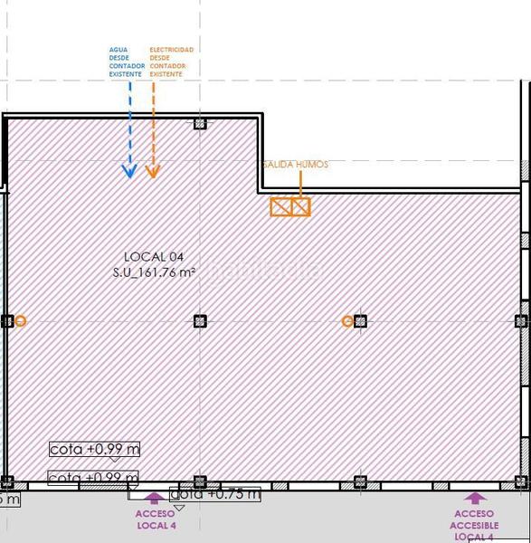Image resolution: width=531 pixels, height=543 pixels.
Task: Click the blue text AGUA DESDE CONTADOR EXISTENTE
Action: click(126, 62)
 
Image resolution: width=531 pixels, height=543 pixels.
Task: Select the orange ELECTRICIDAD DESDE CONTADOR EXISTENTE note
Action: click(171, 62)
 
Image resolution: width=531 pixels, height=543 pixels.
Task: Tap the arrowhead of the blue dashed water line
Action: click(129, 170)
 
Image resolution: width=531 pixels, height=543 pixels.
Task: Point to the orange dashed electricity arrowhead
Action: click(153, 170)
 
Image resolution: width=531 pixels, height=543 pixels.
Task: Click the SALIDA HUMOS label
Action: click(295, 165)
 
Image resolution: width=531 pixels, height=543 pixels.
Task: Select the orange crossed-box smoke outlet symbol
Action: click(290, 207)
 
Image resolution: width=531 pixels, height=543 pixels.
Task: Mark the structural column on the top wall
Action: click(200, 123)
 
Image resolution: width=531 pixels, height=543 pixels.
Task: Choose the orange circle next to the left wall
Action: click(21, 321)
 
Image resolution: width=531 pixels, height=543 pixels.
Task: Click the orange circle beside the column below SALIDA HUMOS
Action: click(347, 321)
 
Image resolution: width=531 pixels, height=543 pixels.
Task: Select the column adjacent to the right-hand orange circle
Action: click(360, 321)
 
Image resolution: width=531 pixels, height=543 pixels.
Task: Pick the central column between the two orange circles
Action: click(200, 321)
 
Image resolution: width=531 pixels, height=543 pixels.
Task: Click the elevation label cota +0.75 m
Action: click(215, 494)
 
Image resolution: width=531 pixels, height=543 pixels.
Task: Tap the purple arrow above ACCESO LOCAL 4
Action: click(155, 497)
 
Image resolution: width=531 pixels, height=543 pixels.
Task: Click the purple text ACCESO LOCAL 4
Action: click(155, 519)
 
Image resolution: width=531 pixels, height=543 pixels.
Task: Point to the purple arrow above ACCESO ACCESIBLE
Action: click(475, 497)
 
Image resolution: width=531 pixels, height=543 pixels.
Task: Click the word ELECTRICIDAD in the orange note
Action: click(171, 50)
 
